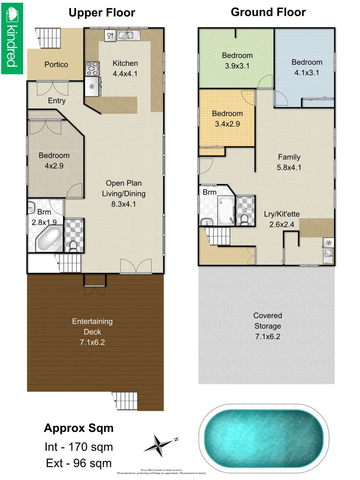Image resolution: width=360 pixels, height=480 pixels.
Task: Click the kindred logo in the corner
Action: click(12, 38)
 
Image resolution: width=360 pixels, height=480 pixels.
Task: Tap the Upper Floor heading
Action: click(102, 13)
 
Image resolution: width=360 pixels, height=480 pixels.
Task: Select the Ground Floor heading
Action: click(268, 12)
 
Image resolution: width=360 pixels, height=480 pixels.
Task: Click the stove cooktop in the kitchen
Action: click(92, 68)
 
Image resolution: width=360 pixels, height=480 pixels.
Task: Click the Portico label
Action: click(56, 64)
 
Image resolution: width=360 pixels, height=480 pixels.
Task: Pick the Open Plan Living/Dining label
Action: click(124, 188)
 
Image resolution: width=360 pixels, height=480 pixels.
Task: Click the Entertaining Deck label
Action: click(92, 326)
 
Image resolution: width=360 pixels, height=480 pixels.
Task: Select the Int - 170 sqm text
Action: click(78, 447)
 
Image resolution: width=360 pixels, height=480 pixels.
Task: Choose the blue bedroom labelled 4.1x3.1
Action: click(307, 67)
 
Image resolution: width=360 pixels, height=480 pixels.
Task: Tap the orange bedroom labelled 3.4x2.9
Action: click(227, 119)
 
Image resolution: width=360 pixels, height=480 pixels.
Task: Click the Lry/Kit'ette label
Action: click(282, 219)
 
